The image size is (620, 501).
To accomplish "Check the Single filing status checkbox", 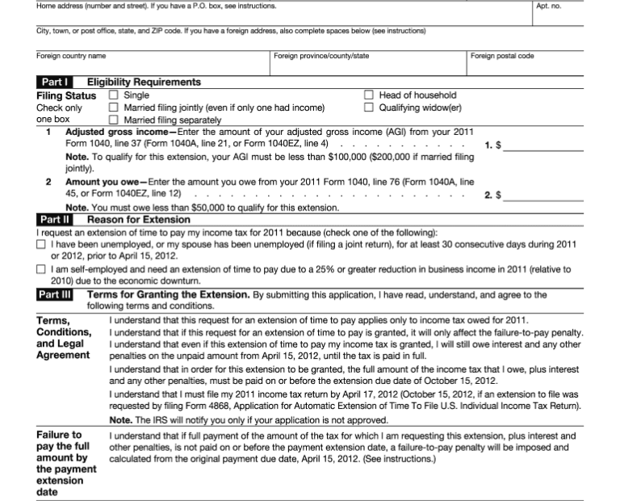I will coord(113,95).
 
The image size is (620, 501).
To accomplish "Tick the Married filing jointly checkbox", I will coord(113,107).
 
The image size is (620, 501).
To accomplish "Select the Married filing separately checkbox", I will coord(113,120).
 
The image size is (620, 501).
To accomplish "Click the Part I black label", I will coord(55,82).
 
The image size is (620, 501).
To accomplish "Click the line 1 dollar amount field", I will coord(542,145).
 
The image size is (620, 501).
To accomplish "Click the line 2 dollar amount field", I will coord(542,195).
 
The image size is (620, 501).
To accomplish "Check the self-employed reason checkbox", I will coord(41,270).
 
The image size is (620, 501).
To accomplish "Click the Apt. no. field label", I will coord(550,6).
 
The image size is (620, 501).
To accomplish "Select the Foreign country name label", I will coord(71,56).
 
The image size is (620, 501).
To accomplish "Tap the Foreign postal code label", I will coord(502,56).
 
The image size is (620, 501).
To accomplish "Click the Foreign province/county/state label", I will coord(321,56).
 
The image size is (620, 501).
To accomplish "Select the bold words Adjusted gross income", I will coord(117,132).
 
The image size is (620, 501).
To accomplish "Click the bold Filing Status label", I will coord(66,95).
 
